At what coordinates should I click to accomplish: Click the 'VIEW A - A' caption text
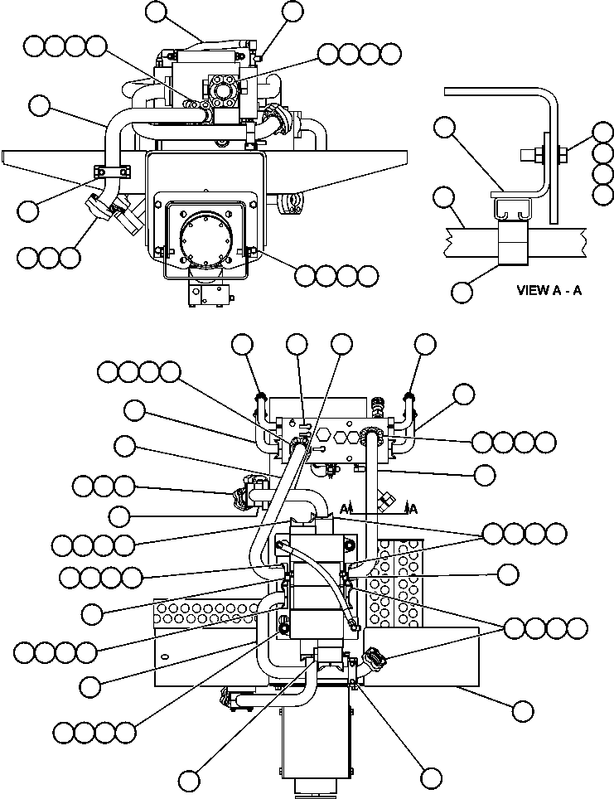(x=549, y=291)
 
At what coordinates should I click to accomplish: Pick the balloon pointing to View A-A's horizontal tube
(x=445, y=197)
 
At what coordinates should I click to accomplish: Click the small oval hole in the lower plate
(x=167, y=656)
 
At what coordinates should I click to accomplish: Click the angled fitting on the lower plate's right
(x=374, y=661)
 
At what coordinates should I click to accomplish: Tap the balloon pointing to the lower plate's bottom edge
(x=522, y=710)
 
